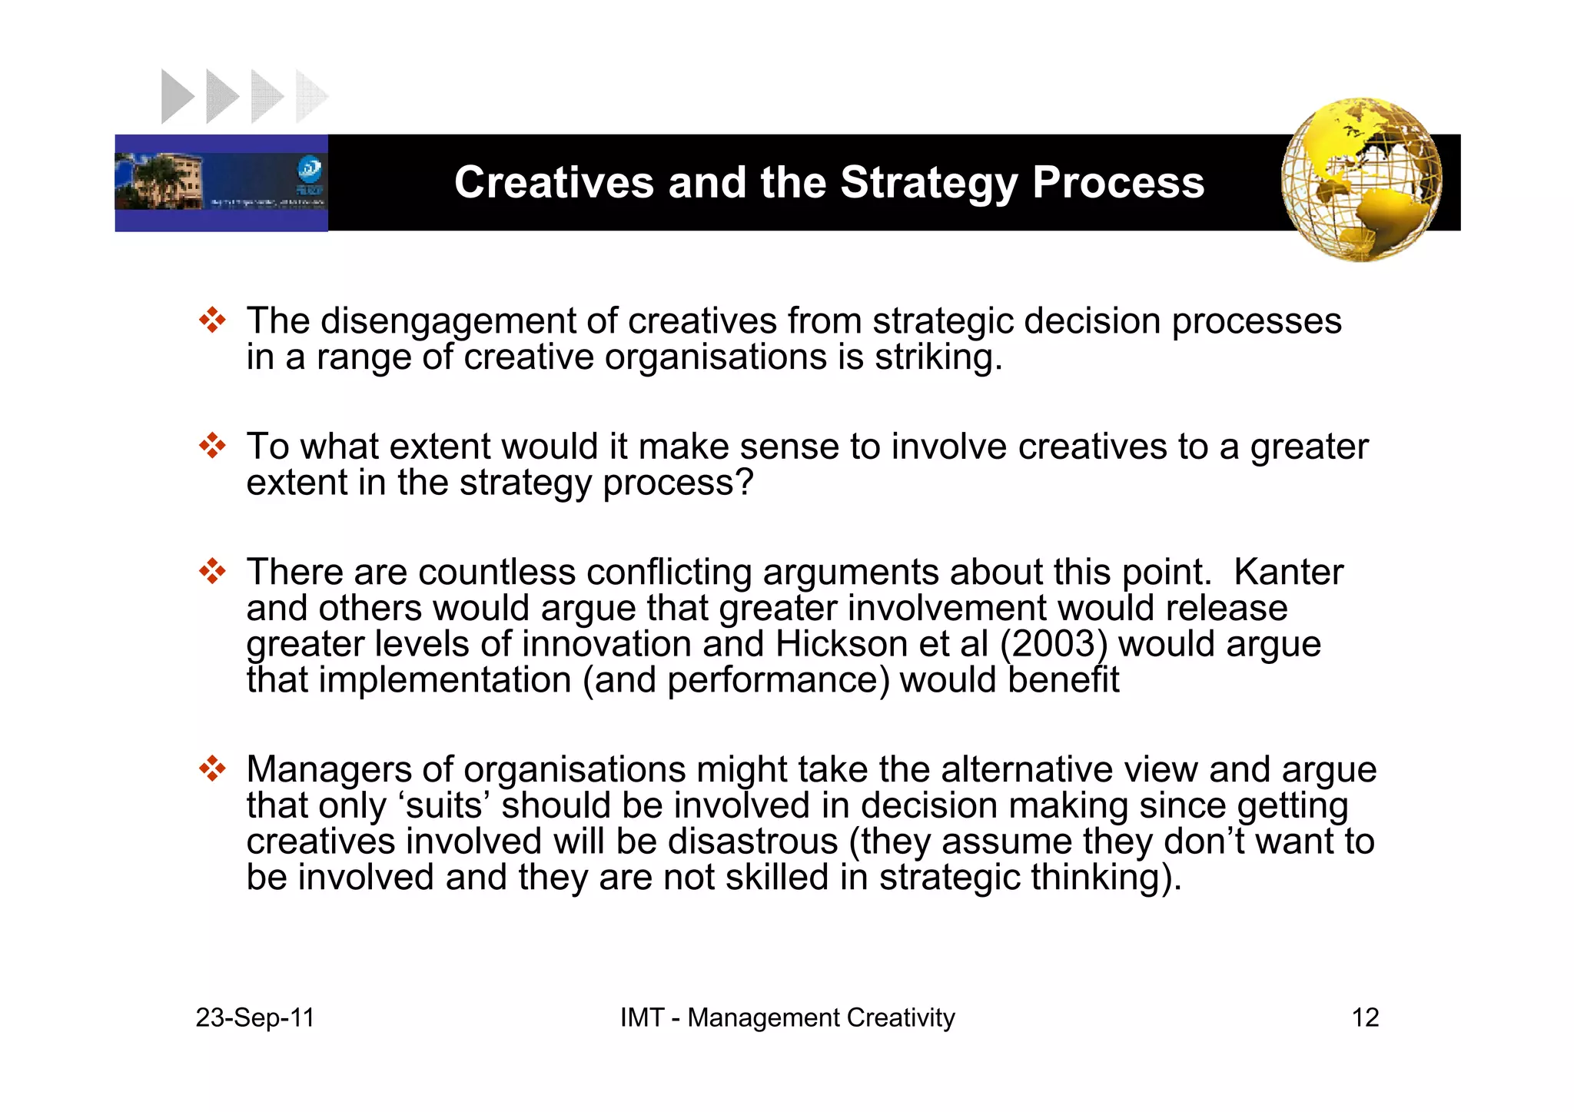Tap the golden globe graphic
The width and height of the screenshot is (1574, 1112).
1361,179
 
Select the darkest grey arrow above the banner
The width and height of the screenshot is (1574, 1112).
176,97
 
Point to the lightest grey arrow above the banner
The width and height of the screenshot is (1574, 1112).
311,97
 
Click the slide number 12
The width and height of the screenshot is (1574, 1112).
1365,1017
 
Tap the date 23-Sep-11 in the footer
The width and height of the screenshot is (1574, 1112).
255,1017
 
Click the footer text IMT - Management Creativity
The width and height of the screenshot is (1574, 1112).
787,1017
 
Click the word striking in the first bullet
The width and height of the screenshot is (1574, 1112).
938,357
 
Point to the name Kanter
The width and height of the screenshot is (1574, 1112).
1288,573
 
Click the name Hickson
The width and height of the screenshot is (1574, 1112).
842,644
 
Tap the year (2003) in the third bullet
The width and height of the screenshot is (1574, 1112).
1054,644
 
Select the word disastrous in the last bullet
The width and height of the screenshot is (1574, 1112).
752,841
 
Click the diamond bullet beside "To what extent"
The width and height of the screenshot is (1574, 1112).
212,446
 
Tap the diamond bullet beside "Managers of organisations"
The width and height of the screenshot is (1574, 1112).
212,768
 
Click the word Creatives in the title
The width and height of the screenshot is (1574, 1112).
555,183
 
